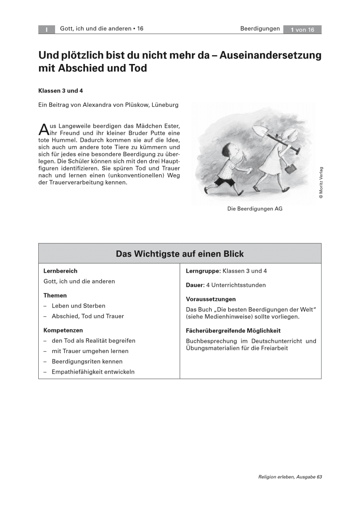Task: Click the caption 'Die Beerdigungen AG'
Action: coord(255,208)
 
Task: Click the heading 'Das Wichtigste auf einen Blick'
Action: coord(180,254)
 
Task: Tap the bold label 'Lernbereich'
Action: coord(61,271)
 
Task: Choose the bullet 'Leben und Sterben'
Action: coord(78,306)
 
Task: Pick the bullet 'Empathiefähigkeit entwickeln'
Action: coord(93,372)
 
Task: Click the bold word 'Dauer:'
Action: coord(195,285)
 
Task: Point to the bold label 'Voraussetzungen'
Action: coord(211,299)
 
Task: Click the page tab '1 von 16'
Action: coord(302,29)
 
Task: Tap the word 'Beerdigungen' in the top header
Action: coord(260,29)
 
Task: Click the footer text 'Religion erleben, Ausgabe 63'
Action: coord(290,477)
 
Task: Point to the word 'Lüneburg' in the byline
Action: coord(164,105)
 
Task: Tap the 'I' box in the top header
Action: coord(47,29)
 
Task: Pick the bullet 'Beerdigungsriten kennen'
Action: coord(87,361)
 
